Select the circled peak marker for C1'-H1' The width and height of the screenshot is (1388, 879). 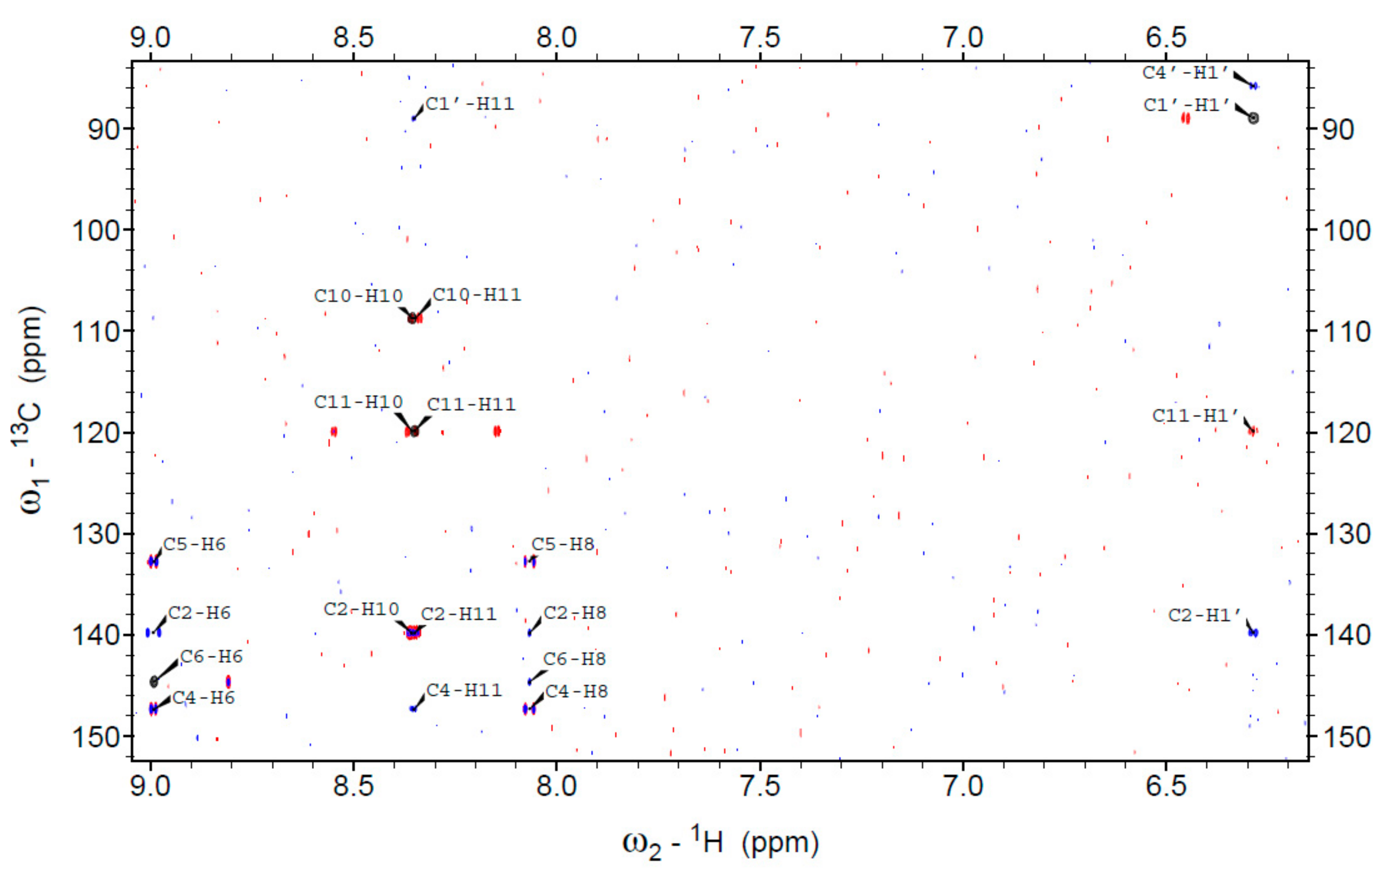pos(1253,118)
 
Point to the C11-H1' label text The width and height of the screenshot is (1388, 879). pos(1195,416)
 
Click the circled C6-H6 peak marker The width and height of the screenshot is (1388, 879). pos(154,682)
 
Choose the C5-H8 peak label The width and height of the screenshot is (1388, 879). pos(563,544)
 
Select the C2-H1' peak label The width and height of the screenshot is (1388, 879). pos(1203,615)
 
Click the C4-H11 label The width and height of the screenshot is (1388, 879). pos(464,690)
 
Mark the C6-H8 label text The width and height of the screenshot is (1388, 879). pos(574,658)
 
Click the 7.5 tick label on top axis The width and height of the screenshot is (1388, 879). pos(760,38)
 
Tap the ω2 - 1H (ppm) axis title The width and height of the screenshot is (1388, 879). pos(720,844)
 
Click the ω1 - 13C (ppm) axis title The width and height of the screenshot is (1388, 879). pos(29,409)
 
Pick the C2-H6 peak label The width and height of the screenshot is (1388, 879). pos(199,613)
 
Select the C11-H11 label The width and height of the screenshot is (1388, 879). pos(471,405)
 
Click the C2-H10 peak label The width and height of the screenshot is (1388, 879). pos(361,609)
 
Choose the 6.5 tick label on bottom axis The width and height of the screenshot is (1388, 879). pos(1166,786)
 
